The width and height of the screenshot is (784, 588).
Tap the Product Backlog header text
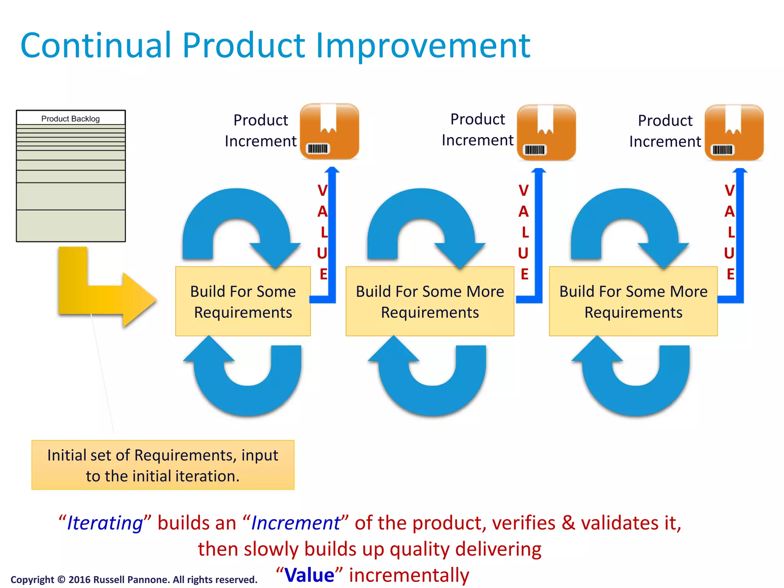click(70, 119)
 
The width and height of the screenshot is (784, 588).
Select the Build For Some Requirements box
click(243, 302)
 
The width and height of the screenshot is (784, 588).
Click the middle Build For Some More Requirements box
click(430, 302)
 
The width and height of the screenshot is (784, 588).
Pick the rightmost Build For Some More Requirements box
click(633, 302)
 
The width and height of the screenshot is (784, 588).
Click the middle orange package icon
click(546, 132)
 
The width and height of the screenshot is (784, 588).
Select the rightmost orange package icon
click(734, 132)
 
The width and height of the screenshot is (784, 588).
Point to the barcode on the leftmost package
click(318, 149)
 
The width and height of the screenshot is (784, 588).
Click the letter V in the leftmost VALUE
click(322, 190)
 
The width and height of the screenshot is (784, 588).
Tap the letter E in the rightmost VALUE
click(730, 274)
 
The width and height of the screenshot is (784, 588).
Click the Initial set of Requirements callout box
click(163, 465)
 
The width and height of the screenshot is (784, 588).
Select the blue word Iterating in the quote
click(105, 523)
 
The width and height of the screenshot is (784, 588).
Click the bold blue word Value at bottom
click(309, 575)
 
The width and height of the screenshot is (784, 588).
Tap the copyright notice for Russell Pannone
click(134, 580)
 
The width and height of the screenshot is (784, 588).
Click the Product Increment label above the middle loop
click(477, 129)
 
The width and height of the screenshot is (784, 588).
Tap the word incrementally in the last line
click(409, 575)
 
